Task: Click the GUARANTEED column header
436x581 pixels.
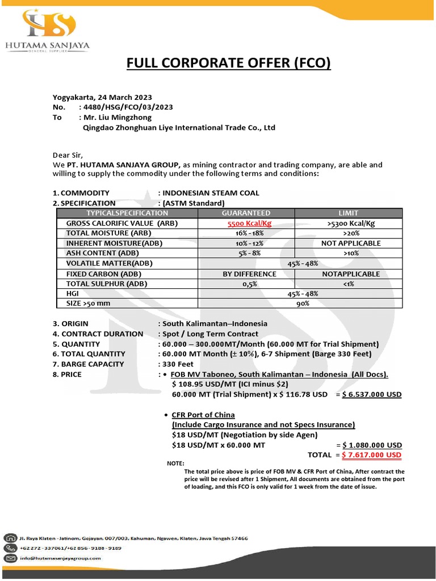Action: (x=249, y=213)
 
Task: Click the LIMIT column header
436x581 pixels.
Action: (x=348, y=213)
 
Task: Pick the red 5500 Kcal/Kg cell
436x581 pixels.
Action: (x=249, y=223)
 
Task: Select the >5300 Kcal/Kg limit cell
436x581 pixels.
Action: (x=351, y=223)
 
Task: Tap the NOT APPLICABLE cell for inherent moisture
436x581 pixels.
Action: (x=350, y=243)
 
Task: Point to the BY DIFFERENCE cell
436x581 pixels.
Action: (x=249, y=273)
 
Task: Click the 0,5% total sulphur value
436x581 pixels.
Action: (x=249, y=284)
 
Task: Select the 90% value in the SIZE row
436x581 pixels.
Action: (x=302, y=304)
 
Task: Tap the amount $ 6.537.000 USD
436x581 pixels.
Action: (x=371, y=394)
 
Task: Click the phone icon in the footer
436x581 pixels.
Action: (x=10, y=548)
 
